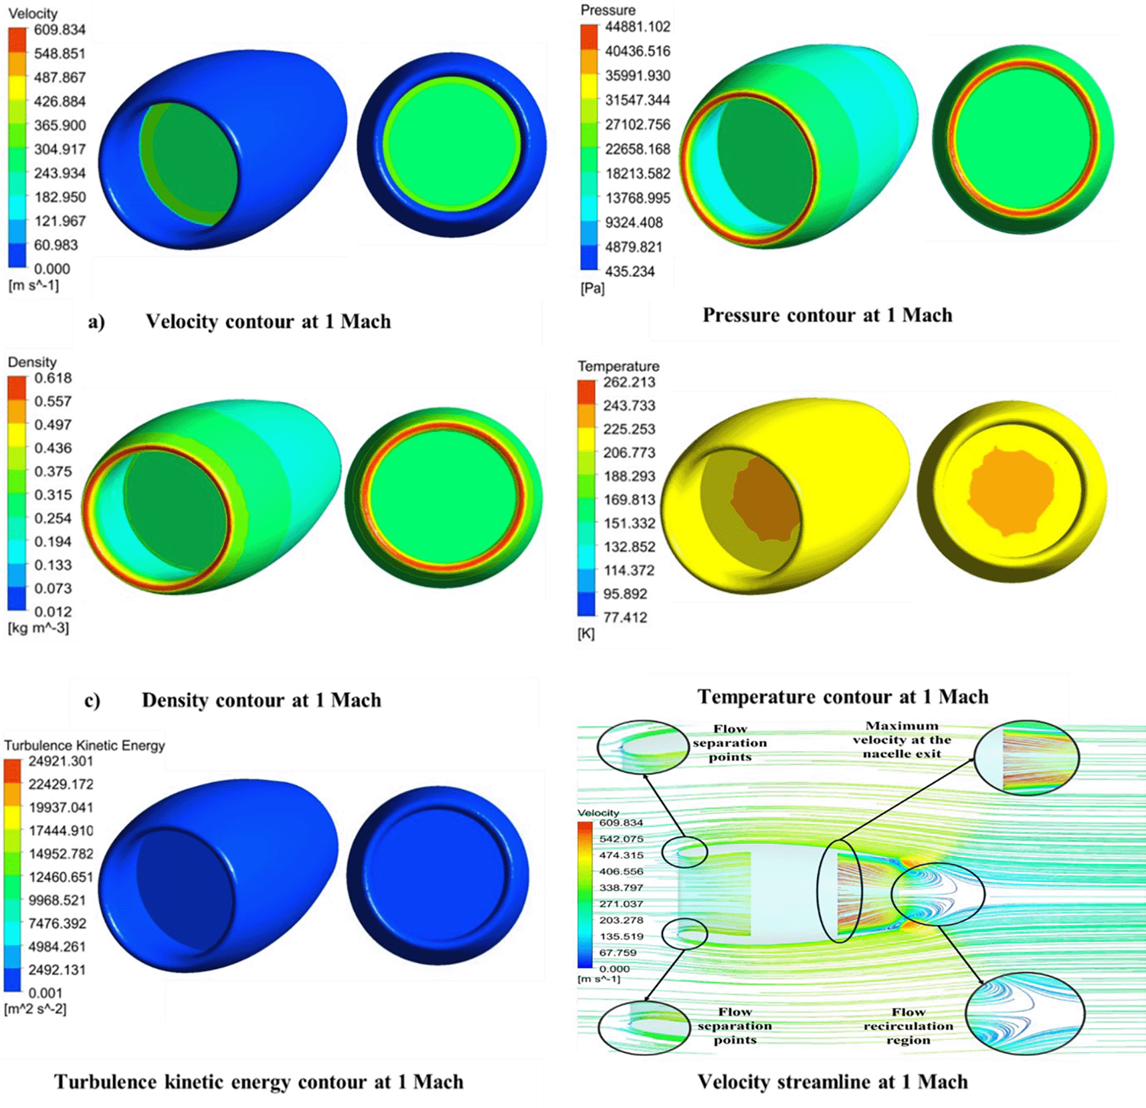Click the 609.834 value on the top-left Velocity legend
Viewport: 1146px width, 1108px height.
[60, 30]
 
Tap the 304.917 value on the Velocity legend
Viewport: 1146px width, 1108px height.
[60, 149]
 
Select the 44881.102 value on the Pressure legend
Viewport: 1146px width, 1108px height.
[637, 27]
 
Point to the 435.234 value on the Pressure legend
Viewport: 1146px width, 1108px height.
[630, 271]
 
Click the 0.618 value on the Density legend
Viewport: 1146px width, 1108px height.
[53, 378]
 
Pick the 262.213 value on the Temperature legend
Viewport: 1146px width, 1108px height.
[629, 382]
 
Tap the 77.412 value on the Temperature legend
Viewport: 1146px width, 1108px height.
[625, 617]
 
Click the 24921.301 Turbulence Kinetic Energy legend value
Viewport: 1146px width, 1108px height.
[60, 761]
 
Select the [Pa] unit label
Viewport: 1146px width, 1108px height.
[592, 288]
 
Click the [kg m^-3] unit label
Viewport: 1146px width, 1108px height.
[38, 628]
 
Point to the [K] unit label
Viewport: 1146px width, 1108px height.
[585, 633]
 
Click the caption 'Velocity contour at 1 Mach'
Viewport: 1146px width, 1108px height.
[268, 322]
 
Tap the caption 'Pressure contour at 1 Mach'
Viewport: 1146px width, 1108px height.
[827, 315]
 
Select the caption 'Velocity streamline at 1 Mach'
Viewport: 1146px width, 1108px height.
[832, 1081]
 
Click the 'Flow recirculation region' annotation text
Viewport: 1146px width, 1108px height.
[908, 1026]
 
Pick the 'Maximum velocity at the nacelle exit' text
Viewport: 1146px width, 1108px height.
[901, 740]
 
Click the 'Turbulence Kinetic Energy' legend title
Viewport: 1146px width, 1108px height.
[84, 745]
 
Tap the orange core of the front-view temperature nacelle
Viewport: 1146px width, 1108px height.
[1011, 492]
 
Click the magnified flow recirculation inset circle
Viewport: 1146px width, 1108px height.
[1025, 1014]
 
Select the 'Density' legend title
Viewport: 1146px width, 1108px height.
[32, 362]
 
